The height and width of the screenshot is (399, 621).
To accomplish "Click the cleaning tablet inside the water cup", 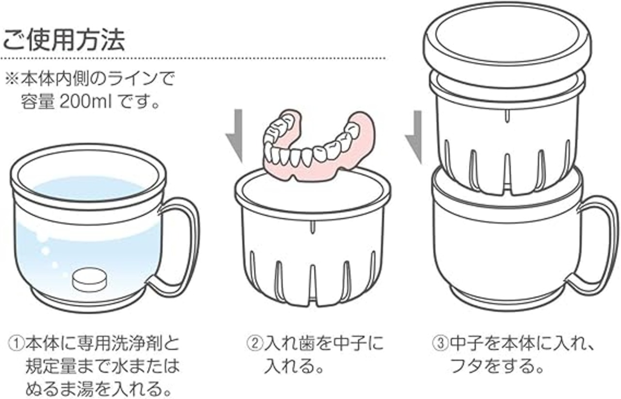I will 89,280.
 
